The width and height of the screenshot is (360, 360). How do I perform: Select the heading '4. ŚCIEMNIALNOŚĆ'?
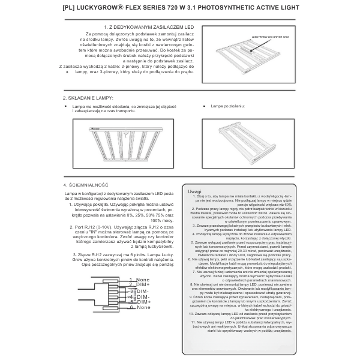(85, 185)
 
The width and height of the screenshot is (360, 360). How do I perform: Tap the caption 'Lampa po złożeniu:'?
(227, 106)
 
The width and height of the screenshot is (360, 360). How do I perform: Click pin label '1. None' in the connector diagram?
(142, 280)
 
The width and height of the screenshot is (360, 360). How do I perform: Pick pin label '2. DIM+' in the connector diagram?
(142, 284)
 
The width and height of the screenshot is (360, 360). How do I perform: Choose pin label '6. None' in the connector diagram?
(142, 307)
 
